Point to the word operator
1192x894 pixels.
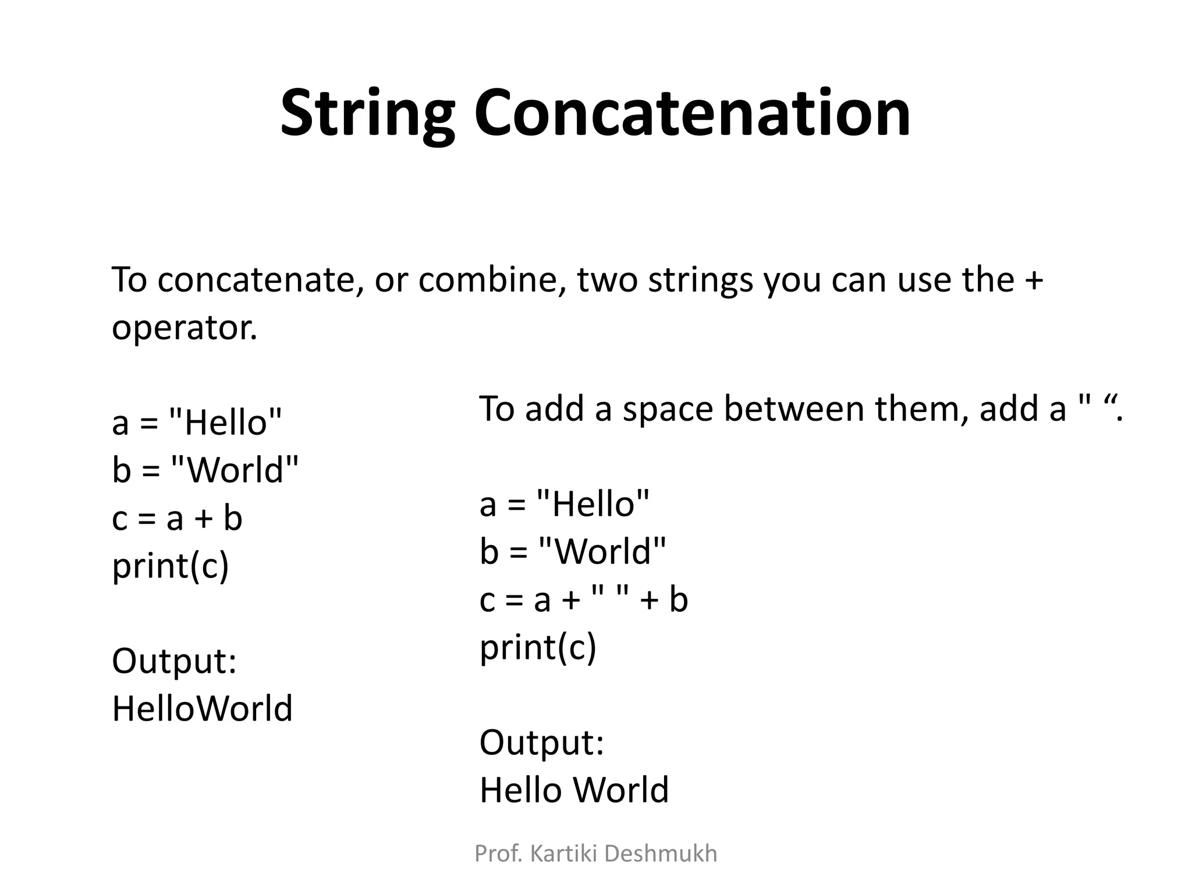[x=184, y=328]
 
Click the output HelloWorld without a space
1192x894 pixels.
[x=202, y=709]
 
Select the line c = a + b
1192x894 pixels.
[x=177, y=518]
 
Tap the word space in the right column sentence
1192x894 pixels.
[x=668, y=409]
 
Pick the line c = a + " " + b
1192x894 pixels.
[x=583, y=599]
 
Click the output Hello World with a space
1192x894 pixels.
[x=574, y=790]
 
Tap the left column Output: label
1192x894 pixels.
[x=174, y=662]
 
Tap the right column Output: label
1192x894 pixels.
[x=542, y=743]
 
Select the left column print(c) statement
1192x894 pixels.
[x=171, y=566]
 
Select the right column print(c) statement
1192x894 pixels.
[x=538, y=647]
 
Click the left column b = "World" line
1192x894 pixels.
[x=205, y=470]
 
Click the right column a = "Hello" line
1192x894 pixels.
[x=564, y=504]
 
